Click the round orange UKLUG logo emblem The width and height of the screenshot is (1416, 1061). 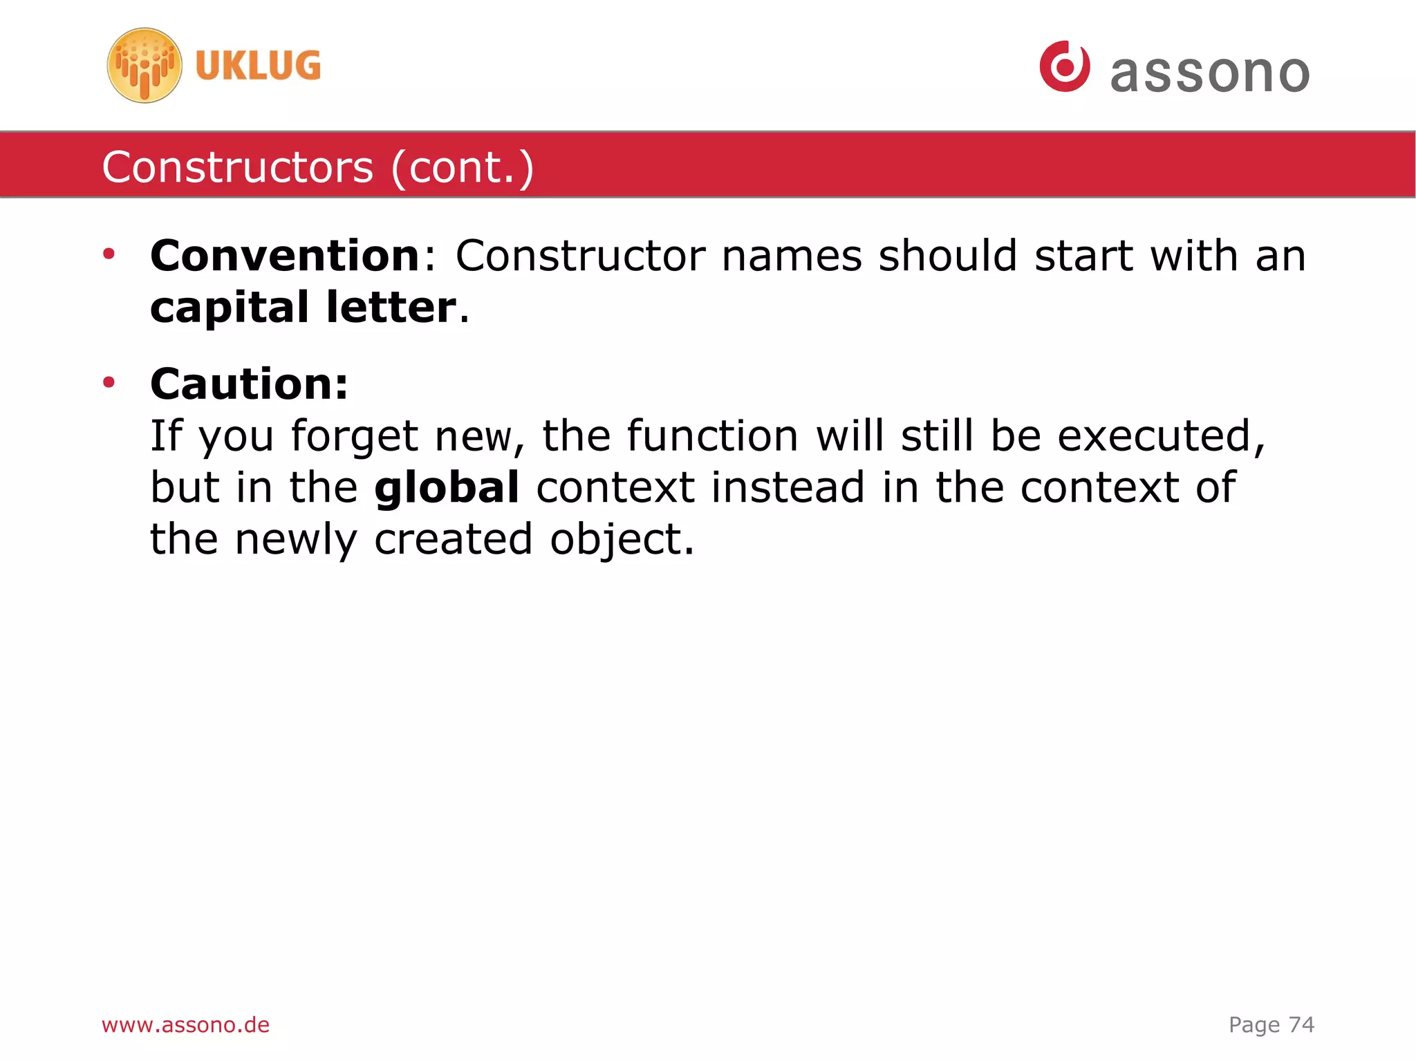pos(145,66)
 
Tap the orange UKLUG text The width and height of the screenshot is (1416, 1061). pos(258,66)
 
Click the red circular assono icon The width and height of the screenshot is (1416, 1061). pos(1064,66)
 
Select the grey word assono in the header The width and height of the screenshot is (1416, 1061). pos(1210,73)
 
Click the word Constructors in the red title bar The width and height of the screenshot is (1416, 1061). pos(238,167)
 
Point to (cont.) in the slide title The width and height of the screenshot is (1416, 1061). pos(463,167)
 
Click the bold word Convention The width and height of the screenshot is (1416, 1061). pos(285,256)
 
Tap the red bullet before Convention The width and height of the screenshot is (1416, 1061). pos(109,254)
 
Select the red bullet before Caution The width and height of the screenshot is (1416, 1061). pos(109,382)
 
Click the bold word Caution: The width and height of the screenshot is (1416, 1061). pos(250,384)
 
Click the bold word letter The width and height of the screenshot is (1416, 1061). pos(391,308)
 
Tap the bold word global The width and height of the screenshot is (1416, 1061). pos(447,487)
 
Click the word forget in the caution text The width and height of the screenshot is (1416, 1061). pos(354,437)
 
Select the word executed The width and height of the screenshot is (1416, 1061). pos(1161,435)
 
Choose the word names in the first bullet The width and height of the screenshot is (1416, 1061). pos(792,256)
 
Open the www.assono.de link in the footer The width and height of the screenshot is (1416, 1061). pos(185,1024)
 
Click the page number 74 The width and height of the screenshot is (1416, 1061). pos(1301,1024)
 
